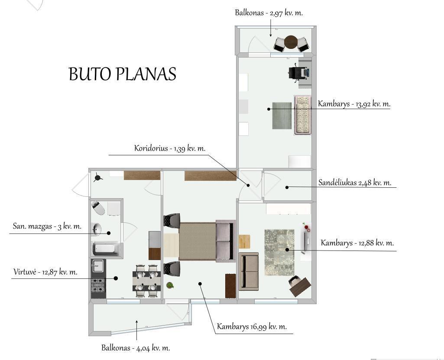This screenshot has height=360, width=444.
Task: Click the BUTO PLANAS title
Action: coord(122,74)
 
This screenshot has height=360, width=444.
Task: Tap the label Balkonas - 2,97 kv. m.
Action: coord(269,13)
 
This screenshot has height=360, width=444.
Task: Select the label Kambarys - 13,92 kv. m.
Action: coord(354,104)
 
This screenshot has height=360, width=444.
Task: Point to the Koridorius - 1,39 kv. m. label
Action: coord(170,148)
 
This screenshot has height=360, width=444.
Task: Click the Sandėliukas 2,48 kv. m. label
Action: coord(355,183)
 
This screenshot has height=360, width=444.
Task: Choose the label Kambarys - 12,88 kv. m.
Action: coord(357,243)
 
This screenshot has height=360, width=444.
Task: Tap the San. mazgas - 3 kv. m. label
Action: coord(47,226)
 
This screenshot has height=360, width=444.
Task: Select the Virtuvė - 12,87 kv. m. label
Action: coord(45,272)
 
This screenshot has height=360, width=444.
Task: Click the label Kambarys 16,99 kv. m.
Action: coord(252,326)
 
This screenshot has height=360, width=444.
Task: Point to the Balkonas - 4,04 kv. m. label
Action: coord(136,347)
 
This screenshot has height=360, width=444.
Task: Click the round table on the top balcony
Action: coord(291,42)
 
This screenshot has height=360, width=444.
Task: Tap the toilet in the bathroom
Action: coord(98,208)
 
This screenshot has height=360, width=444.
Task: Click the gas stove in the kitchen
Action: coord(98,285)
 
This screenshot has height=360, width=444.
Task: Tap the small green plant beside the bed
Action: coord(170,285)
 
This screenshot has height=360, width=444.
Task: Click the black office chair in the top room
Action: coord(297,73)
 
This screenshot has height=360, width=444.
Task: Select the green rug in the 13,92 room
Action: coord(282,116)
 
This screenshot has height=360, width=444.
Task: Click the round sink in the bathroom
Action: coord(97,229)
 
